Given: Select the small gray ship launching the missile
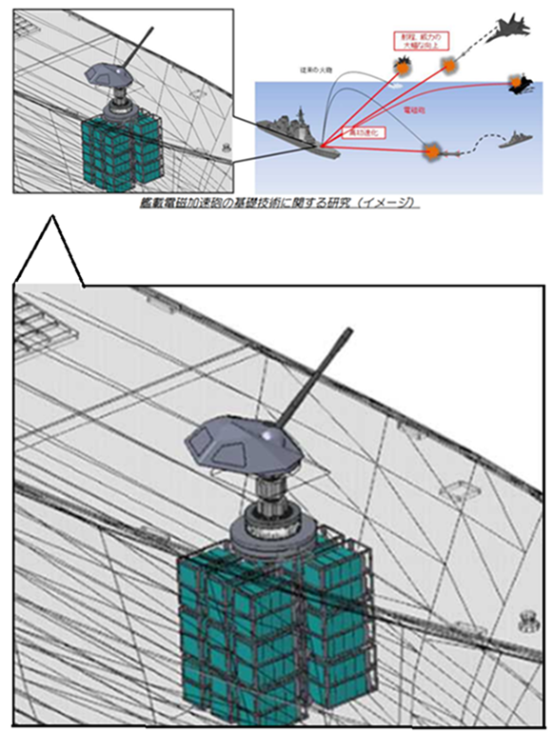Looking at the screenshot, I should click(x=520, y=139).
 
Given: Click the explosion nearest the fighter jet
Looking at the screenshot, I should click(x=449, y=64).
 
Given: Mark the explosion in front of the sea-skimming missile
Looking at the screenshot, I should click(x=430, y=149).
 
